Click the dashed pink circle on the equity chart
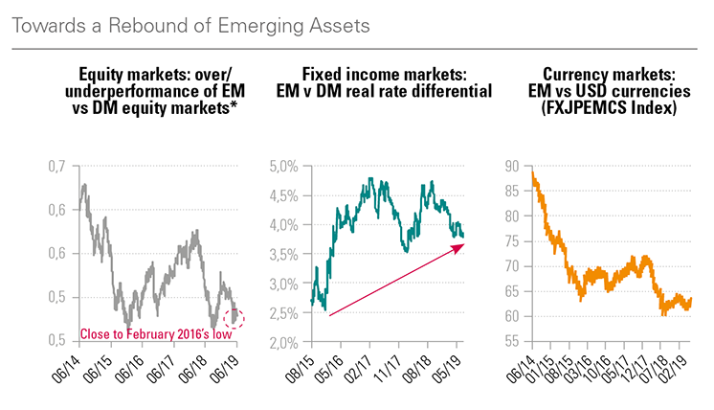[x=233, y=317]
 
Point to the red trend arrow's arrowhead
[x=461, y=246]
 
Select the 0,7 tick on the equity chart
[x=58, y=168]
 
